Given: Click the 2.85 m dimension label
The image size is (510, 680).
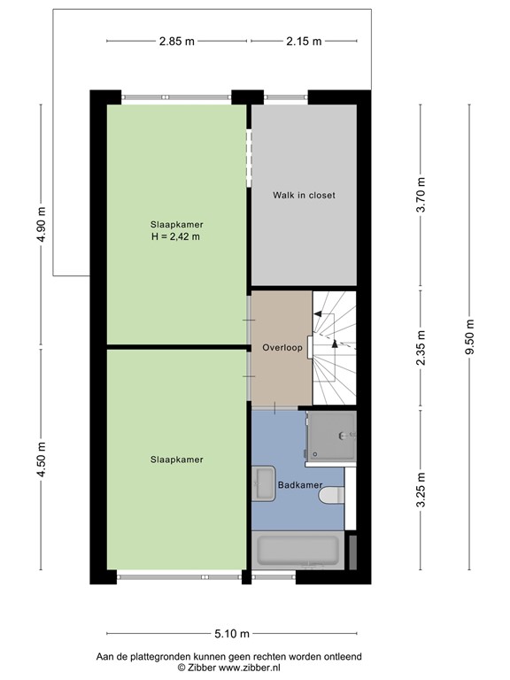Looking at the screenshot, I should [x=177, y=42].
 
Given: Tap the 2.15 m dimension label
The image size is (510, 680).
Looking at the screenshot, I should [x=305, y=42].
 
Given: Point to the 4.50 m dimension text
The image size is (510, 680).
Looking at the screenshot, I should [x=42, y=461].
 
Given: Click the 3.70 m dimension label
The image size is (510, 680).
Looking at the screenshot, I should [x=421, y=196].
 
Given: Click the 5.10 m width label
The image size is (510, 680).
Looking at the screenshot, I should [x=232, y=633].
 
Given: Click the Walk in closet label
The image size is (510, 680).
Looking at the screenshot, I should [x=304, y=195].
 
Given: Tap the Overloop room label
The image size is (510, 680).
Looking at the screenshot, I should [x=282, y=348].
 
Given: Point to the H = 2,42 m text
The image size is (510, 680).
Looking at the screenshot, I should [x=176, y=236].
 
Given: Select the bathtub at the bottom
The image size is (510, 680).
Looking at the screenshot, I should [x=297, y=552].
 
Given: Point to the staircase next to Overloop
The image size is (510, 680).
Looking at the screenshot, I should [x=335, y=345].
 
